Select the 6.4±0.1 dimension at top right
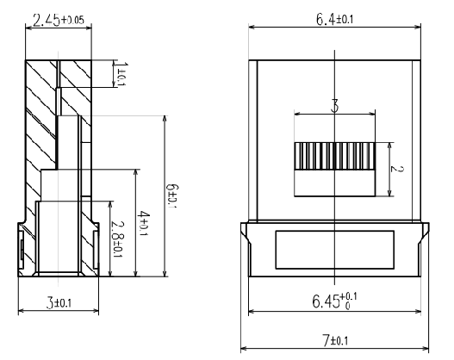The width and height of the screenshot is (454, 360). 334,19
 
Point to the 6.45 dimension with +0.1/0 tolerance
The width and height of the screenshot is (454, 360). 334,301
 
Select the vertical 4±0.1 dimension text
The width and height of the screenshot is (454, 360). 144,224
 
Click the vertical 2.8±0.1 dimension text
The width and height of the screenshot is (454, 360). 117,239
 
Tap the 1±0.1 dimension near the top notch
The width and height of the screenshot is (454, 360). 121,74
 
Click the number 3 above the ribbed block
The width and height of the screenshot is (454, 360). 334,106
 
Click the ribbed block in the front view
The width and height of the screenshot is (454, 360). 334,156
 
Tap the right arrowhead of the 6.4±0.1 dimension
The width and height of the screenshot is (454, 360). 419,28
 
